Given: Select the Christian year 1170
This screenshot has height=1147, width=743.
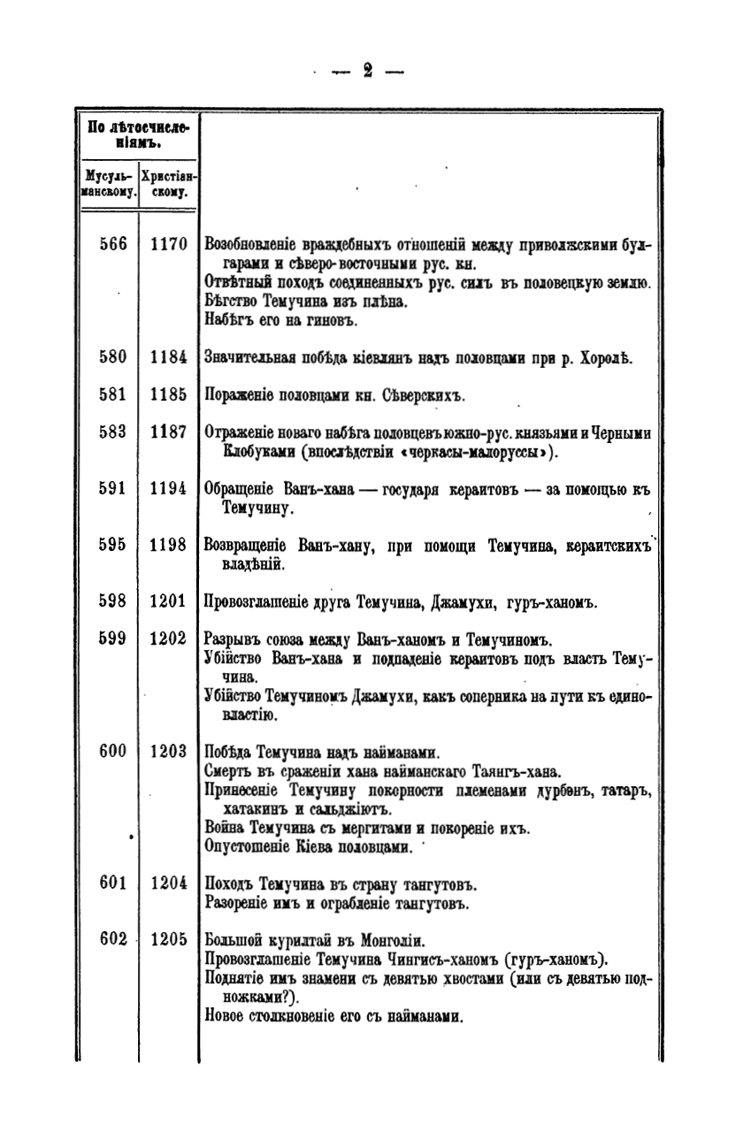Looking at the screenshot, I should [x=168, y=244].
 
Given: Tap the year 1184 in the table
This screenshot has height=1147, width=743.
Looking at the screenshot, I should [x=168, y=358].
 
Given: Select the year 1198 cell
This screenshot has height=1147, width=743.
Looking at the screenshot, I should [x=168, y=546].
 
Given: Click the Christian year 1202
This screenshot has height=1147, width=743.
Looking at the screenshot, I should [x=168, y=639].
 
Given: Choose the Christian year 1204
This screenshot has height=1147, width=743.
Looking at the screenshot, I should [x=168, y=883].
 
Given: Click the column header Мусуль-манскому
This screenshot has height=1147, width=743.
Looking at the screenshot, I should [x=108, y=183].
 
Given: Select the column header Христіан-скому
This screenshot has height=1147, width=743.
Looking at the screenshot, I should [x=169, y=183].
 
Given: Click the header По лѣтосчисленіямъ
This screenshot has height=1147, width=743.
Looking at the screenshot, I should [x=137, y=134].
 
